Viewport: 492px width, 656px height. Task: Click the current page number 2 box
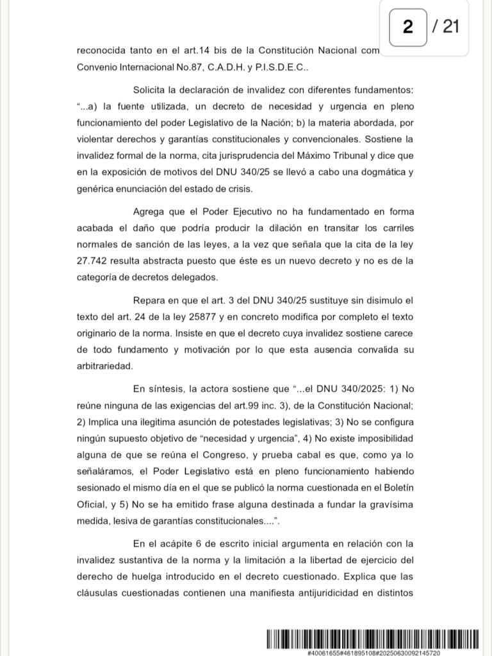click(x=408, y=27)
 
